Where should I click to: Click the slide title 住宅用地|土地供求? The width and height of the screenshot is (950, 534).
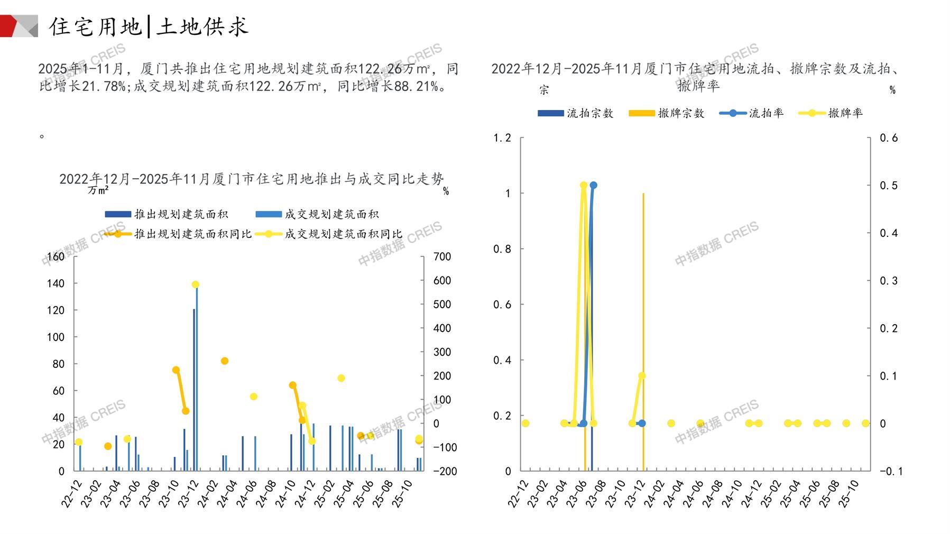click(x=149, y=26)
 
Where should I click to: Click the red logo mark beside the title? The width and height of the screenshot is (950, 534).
click(x=19, y=26)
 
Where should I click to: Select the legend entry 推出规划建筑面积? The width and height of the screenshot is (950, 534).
click(x=167, y=214)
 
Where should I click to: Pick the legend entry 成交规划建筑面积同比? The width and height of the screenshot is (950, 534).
click(x=329, y=234)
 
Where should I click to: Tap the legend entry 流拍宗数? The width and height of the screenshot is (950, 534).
click(x=576, y=113)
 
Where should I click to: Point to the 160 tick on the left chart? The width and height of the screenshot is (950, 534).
click(x=56, y=257)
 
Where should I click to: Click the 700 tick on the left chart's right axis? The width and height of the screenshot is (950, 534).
click(x=442, y=257)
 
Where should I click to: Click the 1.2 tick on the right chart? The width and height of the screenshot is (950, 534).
click(x=502, y=138)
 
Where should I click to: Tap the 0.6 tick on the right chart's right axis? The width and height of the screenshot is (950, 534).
click(x=888, y=138)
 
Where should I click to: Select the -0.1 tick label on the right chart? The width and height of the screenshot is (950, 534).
click(x=891, y=471)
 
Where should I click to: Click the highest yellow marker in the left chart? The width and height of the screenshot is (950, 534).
click(x=196, y=284)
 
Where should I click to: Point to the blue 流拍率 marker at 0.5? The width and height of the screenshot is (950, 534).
click(x=593, y=185)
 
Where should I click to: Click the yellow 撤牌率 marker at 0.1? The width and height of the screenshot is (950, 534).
click(x=642, y=376)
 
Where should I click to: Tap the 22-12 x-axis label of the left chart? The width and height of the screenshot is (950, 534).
click(x=71, y=494)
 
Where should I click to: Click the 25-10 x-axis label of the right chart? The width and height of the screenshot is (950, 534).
click(x=849, y=494)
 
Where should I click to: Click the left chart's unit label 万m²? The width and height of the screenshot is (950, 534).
click(x=98, y=190)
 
